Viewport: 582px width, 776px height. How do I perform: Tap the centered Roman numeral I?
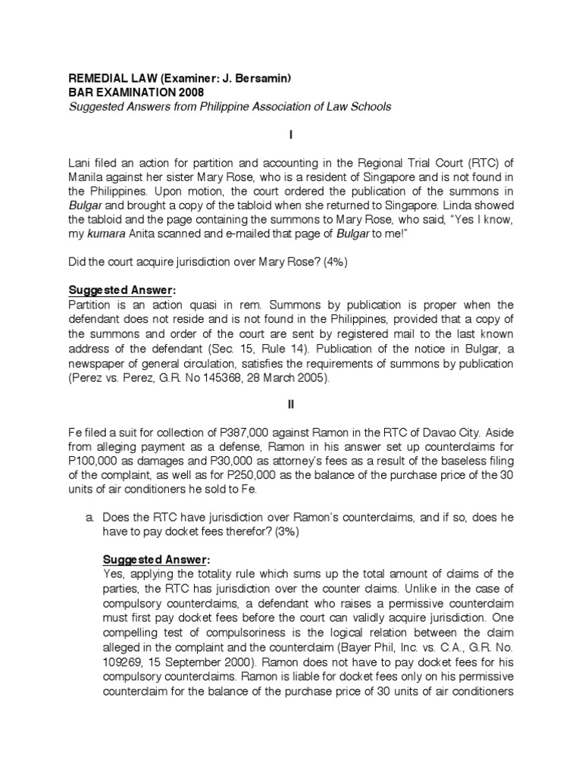pyautogui.click(x=290, y=134)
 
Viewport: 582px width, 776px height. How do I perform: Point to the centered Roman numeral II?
pyautogui.click(x=290, y=405)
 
